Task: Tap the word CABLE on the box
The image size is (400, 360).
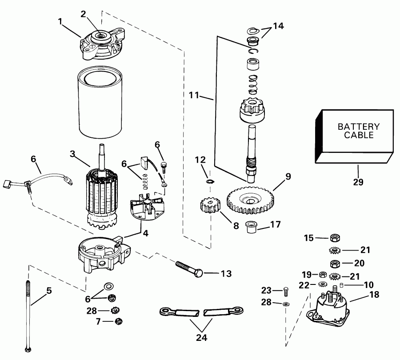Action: click(x=359, y=135)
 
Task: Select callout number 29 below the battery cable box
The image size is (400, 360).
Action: click(x=358, y=182)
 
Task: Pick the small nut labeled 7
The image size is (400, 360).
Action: click(x=118, y=321)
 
